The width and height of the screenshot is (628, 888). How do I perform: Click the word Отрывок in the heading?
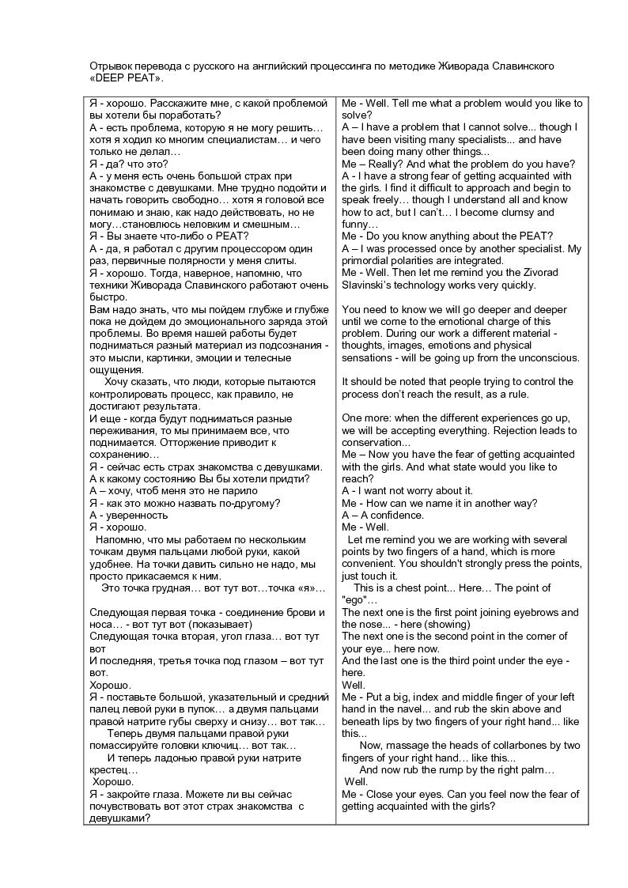110,66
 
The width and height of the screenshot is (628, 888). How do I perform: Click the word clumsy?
515,212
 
